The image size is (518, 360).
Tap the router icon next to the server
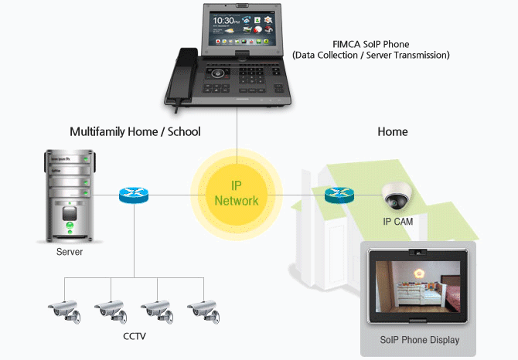134,195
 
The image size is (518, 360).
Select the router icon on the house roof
339,196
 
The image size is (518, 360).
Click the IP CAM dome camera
397,199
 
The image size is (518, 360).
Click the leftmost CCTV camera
64,308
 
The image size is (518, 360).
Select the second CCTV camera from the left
109,308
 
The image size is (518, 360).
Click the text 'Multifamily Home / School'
135,132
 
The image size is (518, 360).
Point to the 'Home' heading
392,132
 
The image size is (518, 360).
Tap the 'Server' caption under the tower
70,252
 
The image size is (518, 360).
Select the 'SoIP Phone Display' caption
420,340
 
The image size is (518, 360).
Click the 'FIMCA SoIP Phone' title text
370,44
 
